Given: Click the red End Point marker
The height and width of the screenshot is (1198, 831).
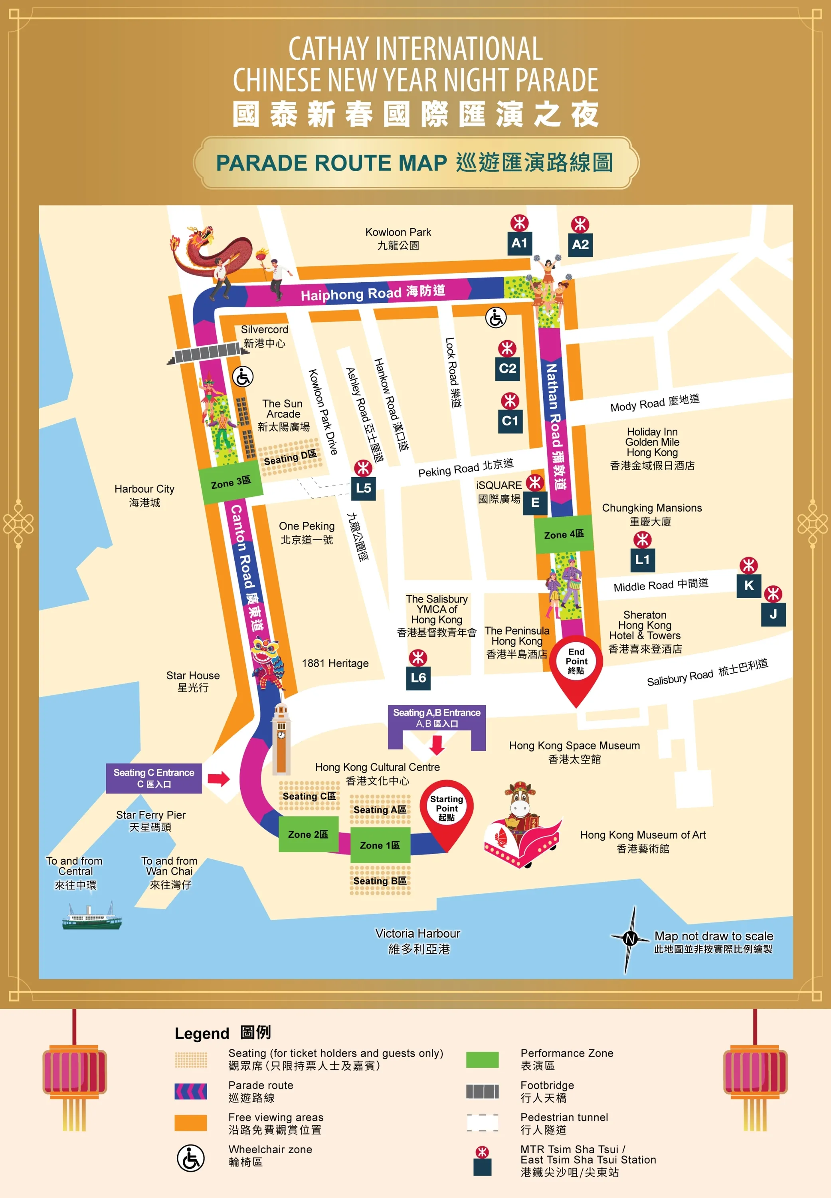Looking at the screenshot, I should (x=576, y=664).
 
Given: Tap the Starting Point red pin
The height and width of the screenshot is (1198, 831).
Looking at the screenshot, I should (x=446, y=809).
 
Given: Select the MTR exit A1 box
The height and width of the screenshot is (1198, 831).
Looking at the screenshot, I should (x=519, y=243).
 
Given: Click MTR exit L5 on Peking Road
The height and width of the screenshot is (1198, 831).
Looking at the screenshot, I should (x=364, y=488).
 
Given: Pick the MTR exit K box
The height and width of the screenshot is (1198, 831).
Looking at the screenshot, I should (x=749, y=585).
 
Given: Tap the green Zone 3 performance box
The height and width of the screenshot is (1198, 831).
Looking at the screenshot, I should (x=230, y=483).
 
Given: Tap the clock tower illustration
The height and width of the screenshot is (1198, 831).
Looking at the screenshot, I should (x=281, y=739).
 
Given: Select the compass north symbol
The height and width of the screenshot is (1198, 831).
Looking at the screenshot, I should (x=631, y=938).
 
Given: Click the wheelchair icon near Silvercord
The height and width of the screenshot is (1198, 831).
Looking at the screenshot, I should (x=243, y=377).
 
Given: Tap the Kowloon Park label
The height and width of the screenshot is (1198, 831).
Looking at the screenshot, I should (x=398, y=238).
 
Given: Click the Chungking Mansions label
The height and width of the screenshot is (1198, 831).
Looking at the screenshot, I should (x=651, y=514).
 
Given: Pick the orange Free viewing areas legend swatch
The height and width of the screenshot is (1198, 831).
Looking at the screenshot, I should (x=190, y=1123).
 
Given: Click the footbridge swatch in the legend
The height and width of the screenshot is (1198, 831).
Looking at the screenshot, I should (x=482, y=1091).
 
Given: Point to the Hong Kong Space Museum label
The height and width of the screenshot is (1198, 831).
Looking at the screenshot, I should (x=574, y=752).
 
